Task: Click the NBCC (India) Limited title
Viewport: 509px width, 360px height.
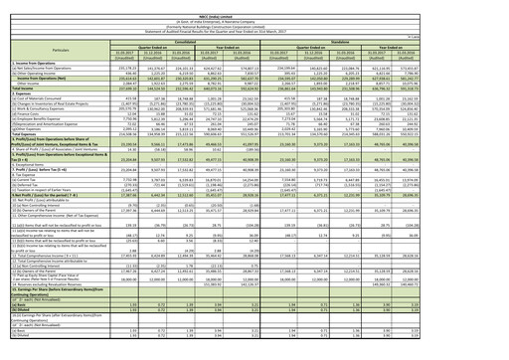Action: tap(254, 4)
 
